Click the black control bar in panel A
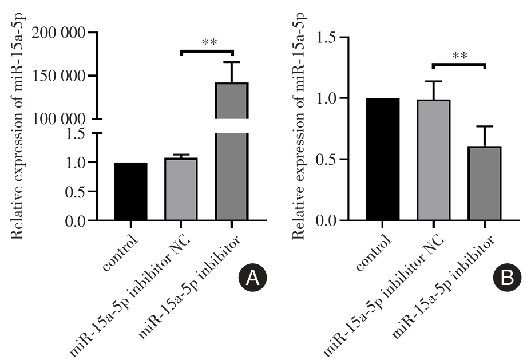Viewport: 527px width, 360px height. [x=130, y=192]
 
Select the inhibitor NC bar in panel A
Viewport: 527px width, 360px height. [x=181, y=189]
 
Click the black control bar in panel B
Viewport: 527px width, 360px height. [x=383, y=160]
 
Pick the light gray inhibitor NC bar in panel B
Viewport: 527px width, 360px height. [x=433, y=160]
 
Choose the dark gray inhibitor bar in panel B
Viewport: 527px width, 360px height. [x=484, y=184]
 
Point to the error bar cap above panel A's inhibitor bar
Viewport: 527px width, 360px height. [x=231, y=62]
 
